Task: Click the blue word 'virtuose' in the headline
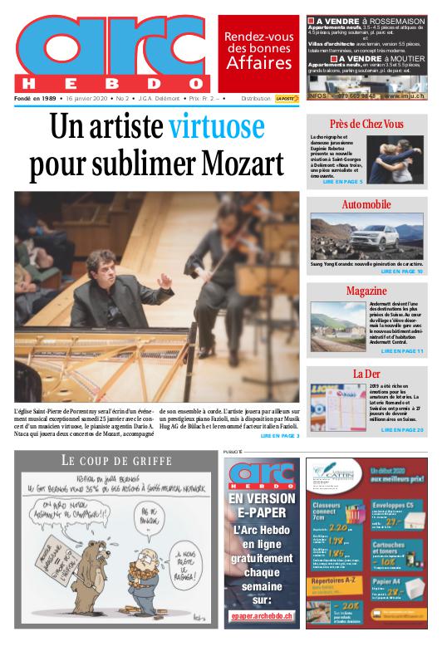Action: point(215,129)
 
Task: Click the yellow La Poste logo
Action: point(287,98)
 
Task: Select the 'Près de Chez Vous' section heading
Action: point(366,125)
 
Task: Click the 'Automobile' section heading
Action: point(366,204)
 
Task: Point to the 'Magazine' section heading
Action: point(366,291)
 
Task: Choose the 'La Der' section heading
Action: point(366,374)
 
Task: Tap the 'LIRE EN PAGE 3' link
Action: point(280,435)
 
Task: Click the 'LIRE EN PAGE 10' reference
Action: point(402,272)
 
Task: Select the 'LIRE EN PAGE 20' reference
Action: point(402,429)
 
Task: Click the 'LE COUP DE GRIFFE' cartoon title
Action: point(116,461)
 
